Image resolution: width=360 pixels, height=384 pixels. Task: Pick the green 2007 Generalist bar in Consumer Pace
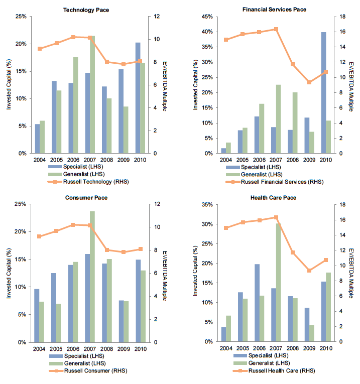pos(92,277)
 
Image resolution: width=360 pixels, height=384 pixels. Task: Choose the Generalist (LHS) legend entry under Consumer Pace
pos(76,364)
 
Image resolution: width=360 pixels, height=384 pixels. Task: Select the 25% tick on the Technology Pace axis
pos(21,17)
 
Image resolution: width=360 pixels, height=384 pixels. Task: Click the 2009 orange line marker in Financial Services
pos(310,82)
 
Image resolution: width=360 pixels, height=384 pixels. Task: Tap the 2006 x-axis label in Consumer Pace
pos(73,349)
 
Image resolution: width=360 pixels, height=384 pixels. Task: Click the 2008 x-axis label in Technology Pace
pos(106,160)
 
